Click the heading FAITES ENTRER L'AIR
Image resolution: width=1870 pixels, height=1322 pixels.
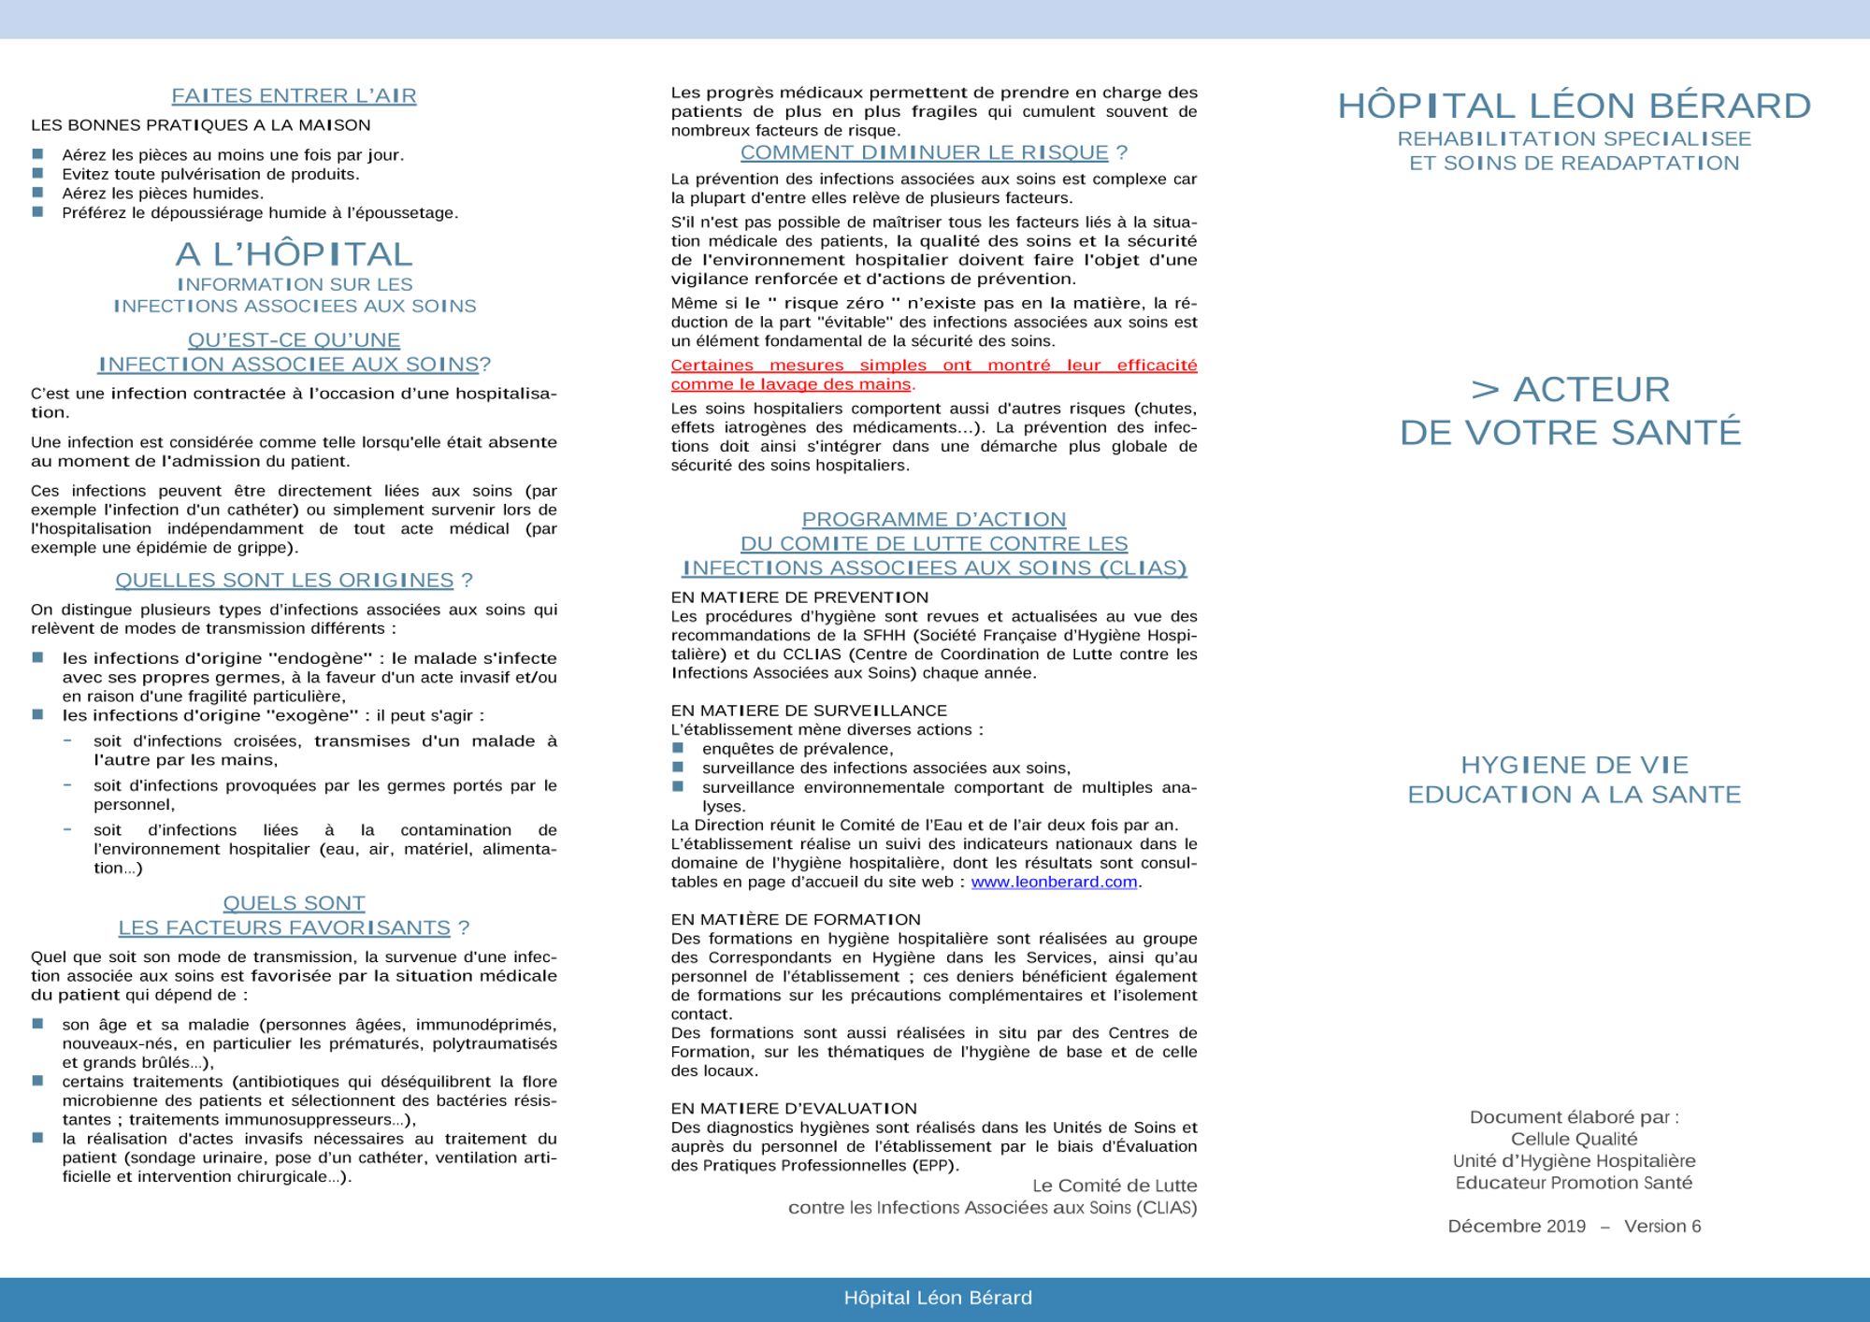point(294,95)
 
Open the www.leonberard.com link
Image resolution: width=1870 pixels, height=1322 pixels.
point(1054,882)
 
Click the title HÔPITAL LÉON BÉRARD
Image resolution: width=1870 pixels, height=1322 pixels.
point(1574,106)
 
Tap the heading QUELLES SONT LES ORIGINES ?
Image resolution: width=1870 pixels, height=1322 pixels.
point(294,580)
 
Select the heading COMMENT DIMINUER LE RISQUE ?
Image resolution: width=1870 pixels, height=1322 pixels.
point(933,152)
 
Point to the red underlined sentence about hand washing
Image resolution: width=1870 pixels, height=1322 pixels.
point(933,374)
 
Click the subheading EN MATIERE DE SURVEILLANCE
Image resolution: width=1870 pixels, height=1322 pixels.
point(809,711)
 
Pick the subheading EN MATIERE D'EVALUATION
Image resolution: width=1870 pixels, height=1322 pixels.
point(794,1108)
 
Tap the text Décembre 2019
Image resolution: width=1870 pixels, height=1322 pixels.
point(1517,1226)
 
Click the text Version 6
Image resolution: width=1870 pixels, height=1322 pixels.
point(1662,1226)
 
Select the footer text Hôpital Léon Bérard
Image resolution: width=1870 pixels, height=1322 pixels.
point(938,1298)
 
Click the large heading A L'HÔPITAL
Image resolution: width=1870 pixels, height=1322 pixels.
point(294,253)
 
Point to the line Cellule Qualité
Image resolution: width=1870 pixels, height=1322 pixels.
point(1574,1139)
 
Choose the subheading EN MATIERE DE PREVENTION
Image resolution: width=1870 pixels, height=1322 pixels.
point(799,597)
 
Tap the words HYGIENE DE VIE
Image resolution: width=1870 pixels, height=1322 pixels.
point(1574,765)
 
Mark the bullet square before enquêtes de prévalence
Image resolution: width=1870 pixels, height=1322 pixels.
point(679,748)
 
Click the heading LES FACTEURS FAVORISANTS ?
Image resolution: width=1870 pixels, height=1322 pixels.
point(294,927)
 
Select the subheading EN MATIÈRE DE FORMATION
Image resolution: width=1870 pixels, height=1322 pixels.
point(796,919)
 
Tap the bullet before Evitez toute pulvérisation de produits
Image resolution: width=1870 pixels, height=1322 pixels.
point(38,173)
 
